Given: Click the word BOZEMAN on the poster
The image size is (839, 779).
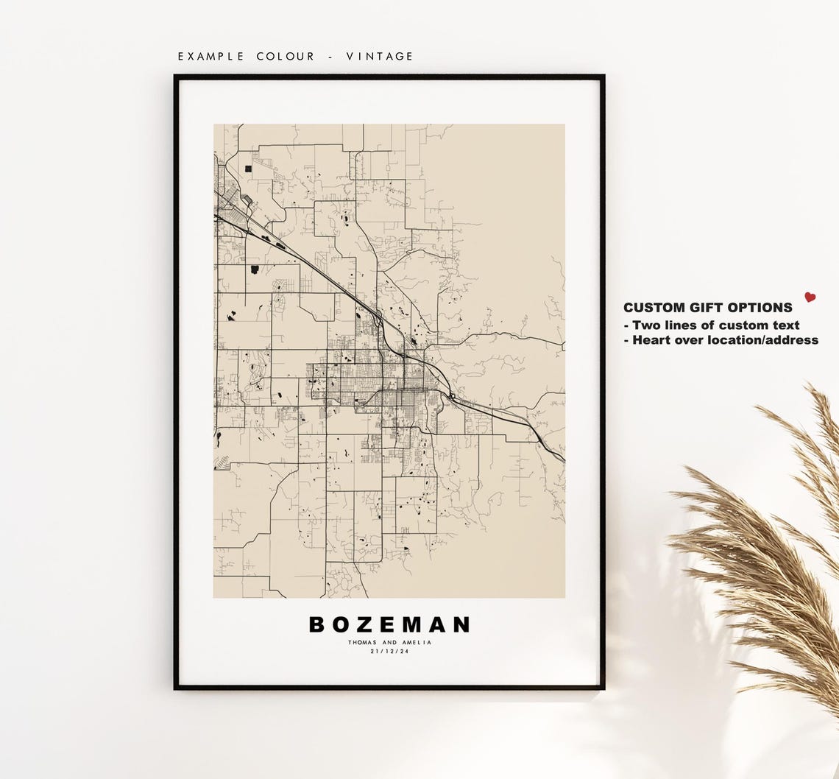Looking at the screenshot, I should (389, 625).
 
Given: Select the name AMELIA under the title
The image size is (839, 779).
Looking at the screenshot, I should (417, 643).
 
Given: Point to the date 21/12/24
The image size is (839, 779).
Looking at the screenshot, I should (389, 651).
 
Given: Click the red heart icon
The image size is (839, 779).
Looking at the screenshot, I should (810, 297).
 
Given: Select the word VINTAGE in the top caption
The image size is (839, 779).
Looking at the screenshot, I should (380, 57).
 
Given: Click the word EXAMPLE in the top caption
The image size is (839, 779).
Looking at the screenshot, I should (210, 57).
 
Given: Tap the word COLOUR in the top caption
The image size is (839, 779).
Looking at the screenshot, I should (286, 57).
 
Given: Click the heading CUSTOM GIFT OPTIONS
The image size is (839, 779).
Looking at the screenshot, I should (707, 309).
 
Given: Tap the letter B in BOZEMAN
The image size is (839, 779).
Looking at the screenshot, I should (316, 625).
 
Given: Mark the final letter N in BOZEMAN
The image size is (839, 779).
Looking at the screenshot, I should (461, 625).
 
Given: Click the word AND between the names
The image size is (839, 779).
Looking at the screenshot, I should (389, 643).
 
